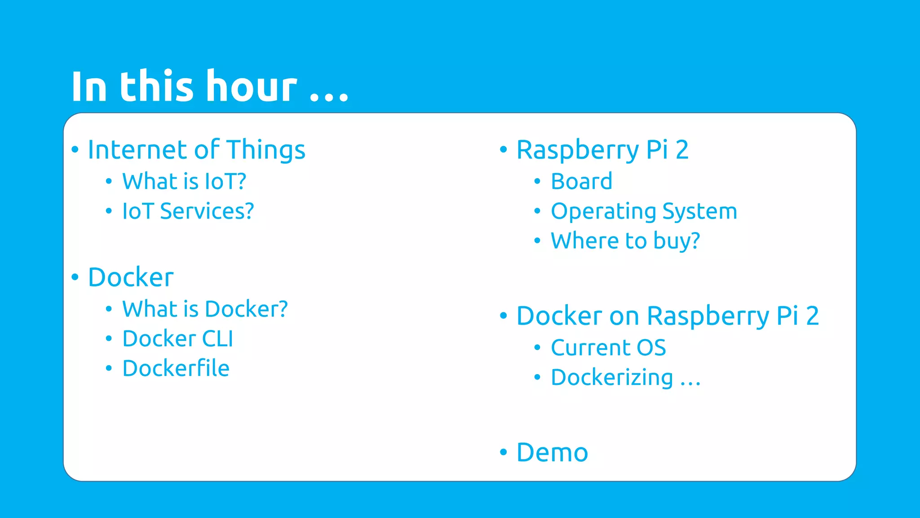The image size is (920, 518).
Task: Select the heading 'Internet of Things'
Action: tap(196, 150)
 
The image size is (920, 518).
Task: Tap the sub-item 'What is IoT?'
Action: tap(184, 182)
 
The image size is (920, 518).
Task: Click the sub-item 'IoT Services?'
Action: tap(188, 211)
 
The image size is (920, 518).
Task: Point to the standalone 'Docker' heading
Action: tap(131, 277)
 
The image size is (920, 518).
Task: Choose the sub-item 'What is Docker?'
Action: tap(205, 309)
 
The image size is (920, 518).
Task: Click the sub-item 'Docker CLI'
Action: tap(177, 339)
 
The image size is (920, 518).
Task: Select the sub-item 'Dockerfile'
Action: tap(176, 369)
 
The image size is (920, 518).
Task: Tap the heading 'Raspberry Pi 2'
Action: tap(602, 150)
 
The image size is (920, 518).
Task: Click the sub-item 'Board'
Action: tap(581, 182)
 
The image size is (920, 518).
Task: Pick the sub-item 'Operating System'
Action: tap(644, 211)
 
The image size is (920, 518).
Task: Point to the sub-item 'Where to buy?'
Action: tap(625, 241)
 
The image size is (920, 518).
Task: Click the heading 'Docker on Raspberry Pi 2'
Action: tap(668, 316)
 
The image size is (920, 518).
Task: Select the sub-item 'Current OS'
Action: tap(608, 348)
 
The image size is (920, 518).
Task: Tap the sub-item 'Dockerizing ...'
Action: tap(625, 378)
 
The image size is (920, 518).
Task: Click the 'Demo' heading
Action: tap(552, 452)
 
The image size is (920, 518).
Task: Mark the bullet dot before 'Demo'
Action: tap(504, 452)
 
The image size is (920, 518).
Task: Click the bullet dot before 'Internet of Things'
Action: tap(75, 149)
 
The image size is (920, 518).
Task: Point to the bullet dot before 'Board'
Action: tap(537, 182)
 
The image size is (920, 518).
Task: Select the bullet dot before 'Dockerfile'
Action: tap(109, 368)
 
